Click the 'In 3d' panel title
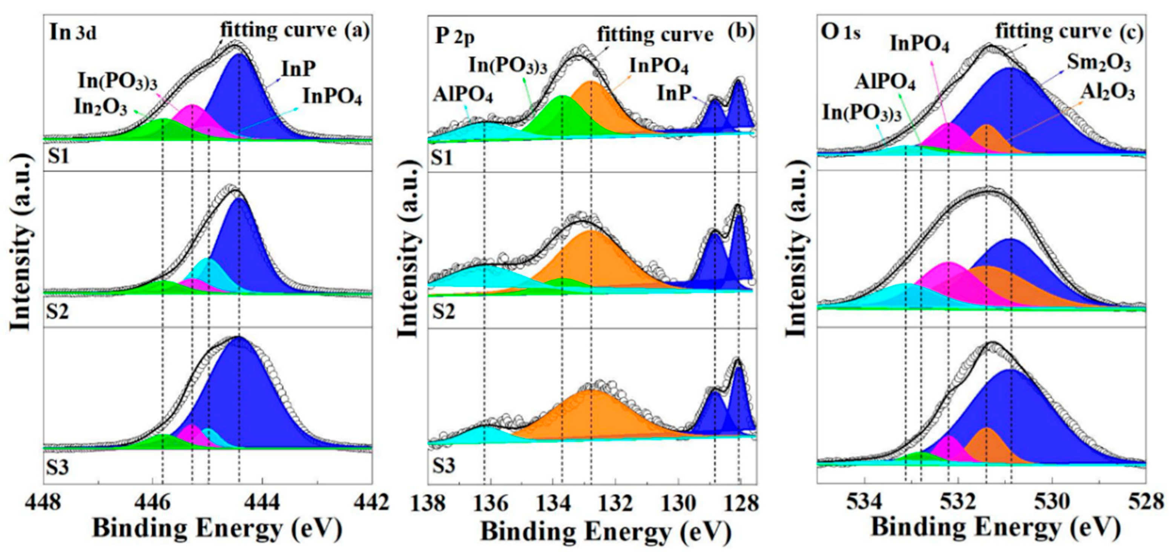click(x=73, y=34)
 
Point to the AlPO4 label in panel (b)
click(x=463, y=95)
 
